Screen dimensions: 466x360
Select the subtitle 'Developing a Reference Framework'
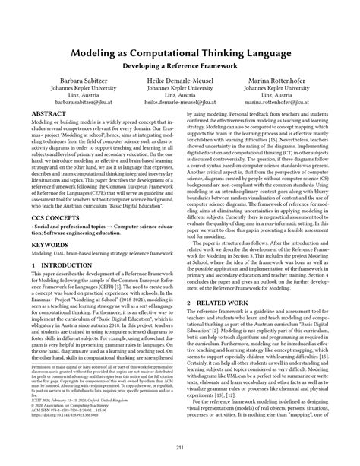coord(179,67)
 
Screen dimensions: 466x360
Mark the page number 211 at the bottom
coord(179,447)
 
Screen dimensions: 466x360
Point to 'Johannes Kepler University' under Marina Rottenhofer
coord(286,95)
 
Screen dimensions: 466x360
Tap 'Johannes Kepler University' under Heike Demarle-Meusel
coord(180,95)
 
